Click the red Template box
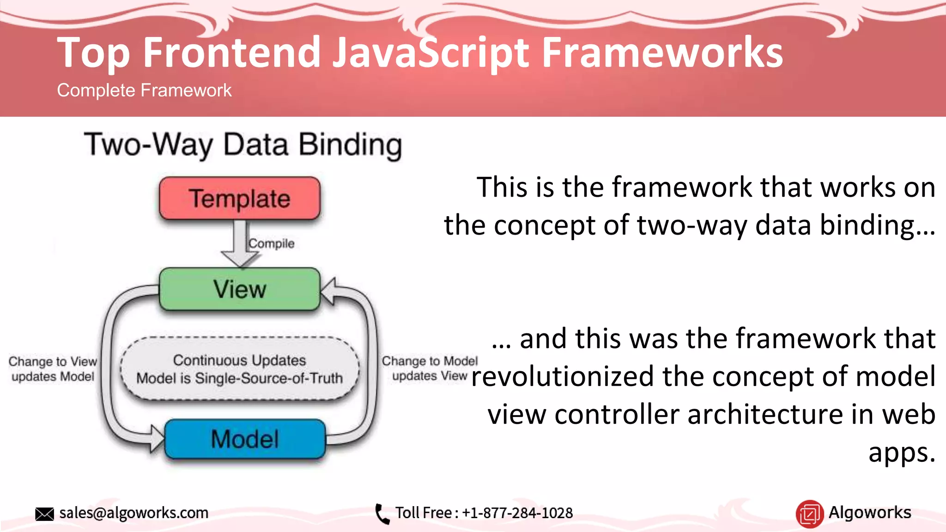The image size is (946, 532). tap(239, 199)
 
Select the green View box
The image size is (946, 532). tap(239, 289)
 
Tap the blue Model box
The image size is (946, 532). tap(245, 439)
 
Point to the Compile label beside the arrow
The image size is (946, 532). tap(272, 243)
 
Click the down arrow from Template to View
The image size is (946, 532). tap(240, 245)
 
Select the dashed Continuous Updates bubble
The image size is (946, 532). tap(239, 369)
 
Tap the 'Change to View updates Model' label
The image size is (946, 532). tap(53, 369)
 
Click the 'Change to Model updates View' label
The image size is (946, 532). tap(430, 368)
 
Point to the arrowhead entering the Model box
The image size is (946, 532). tap(157, 438)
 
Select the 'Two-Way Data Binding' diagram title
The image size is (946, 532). tap(243, 145)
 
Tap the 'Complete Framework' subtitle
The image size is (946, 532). tap(144, 91)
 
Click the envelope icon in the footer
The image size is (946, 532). tap(44, 514)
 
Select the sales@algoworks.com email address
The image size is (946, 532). tap(134, 513)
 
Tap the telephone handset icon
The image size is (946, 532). tap(382, 514)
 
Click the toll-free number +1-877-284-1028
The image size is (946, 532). tap(517, 513)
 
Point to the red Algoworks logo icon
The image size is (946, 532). tap(809, 514)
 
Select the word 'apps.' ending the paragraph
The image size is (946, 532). tap(902, 452)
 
